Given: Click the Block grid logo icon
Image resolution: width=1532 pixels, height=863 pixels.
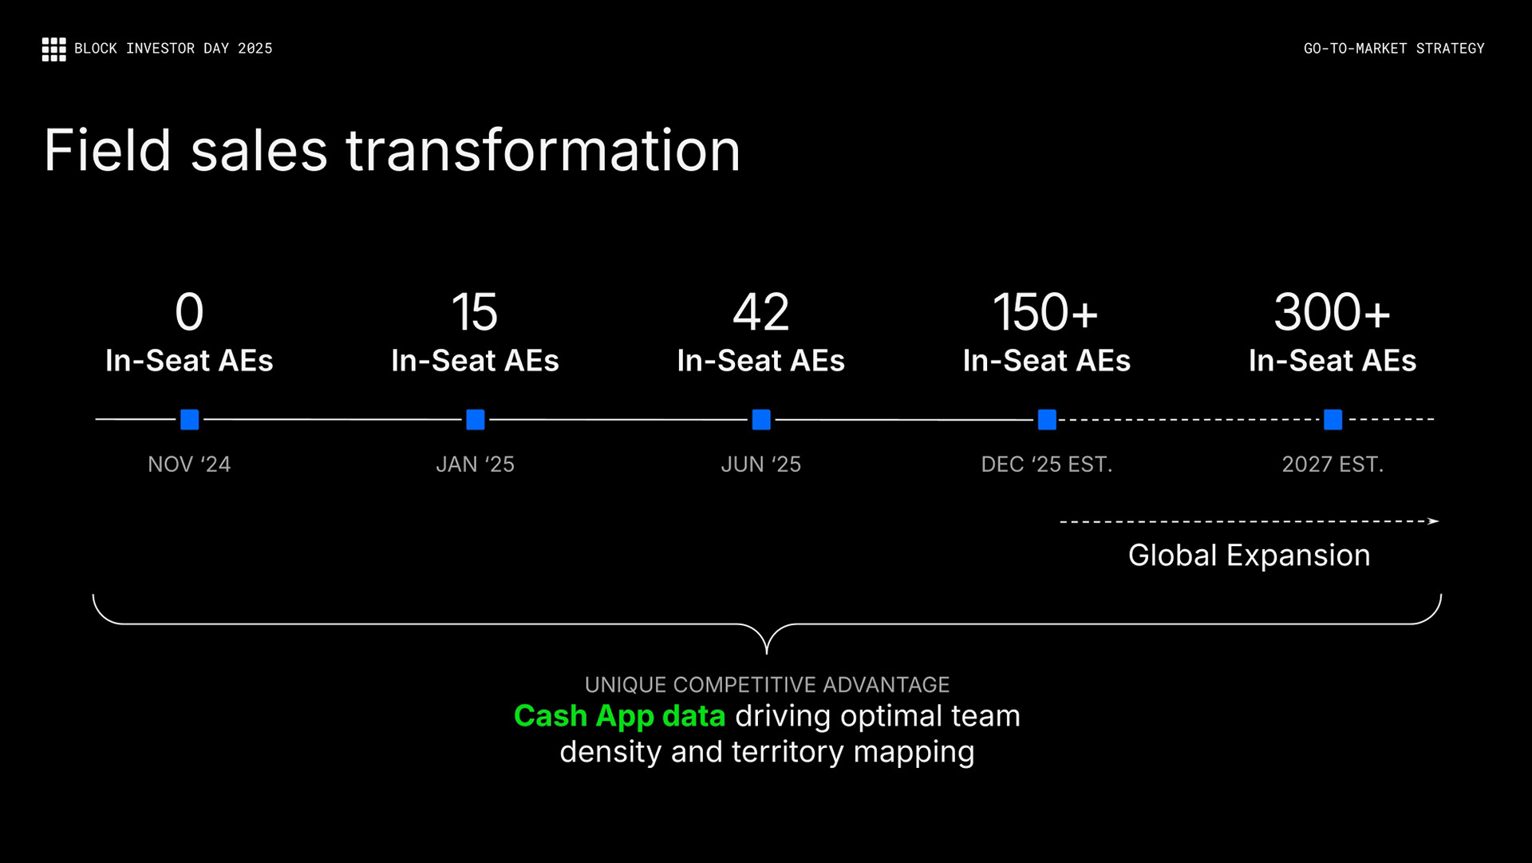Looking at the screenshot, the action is click(x=53, y=49).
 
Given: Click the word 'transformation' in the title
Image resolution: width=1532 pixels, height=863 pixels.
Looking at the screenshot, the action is click(x=543, y=151).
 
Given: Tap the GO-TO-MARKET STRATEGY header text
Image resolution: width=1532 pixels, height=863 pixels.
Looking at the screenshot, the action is click(x=1393, y=49).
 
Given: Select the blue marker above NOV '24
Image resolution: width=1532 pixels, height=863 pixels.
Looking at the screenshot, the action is click(x=189, y=419).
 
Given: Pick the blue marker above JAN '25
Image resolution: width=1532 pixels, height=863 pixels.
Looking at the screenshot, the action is click(x=476, y=419).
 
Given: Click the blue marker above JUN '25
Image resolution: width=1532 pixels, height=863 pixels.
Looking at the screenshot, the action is click(x=761, y=419).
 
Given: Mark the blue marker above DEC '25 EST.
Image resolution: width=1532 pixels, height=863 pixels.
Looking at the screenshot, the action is click(x=1047, y=419).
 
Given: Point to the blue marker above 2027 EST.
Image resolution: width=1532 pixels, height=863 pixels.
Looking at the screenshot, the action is click(x=1333, y=419).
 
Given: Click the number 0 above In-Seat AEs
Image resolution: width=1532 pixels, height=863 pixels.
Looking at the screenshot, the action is click(x=189, y=312).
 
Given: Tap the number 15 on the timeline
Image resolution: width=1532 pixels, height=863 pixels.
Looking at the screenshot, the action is click(x=475, y=312).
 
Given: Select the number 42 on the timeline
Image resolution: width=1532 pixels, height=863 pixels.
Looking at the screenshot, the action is click(x=761, y=312).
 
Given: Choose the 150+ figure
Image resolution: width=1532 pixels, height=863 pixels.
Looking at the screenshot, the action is click(x=1045, y=312).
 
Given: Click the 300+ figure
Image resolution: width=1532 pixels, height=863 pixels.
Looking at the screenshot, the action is click(x=1332, y=312).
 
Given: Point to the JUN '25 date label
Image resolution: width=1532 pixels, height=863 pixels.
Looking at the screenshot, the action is click(x=761, y=464).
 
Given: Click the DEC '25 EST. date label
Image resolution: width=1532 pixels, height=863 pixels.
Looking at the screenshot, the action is click(x=1046, y=464).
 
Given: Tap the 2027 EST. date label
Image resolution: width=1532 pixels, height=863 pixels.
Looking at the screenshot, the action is click(x=1333, y=464).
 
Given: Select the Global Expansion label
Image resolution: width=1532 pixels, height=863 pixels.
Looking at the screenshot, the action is click(x=1249, y=555).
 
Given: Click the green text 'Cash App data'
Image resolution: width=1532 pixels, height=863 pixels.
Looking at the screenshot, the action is click(x=619, y=716).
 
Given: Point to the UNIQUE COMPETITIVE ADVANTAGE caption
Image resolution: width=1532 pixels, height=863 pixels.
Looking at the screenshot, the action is click(x=767, y=684).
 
